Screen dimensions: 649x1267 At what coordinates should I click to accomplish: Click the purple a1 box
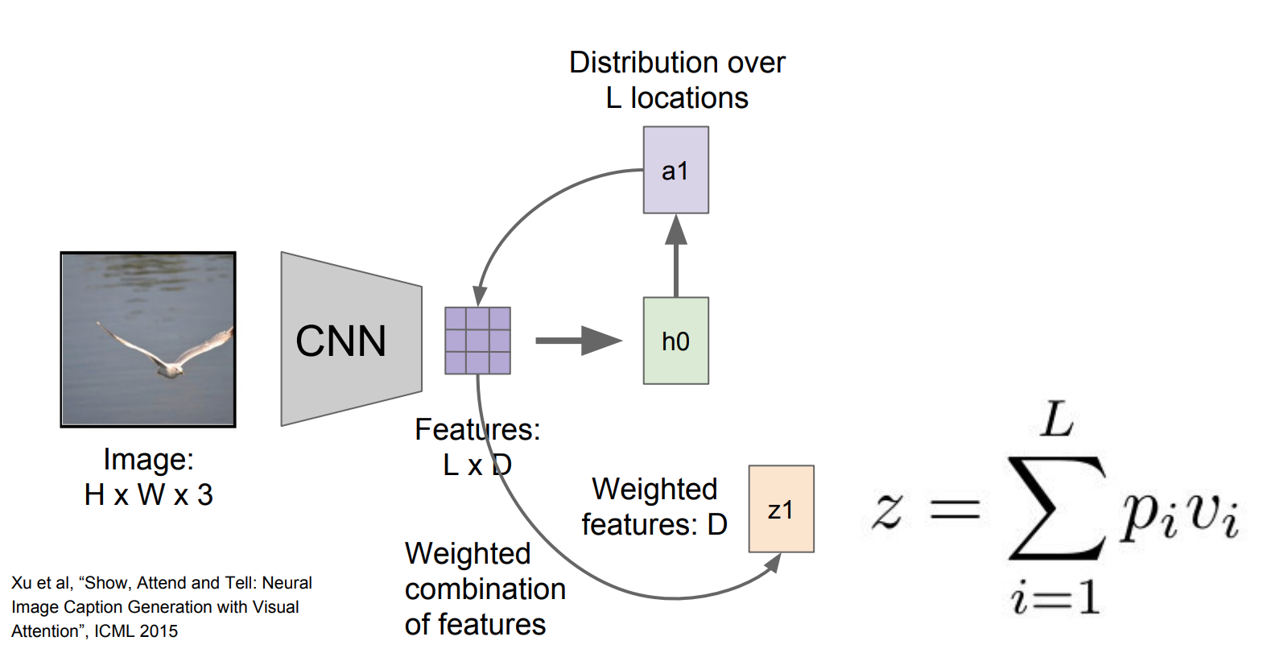click(x=675, y=170)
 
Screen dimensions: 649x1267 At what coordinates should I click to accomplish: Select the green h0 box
click(x=675, y=341)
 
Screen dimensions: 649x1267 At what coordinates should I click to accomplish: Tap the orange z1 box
click(x=781, y=509)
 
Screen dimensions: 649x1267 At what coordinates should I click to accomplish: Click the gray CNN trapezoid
click(x=351, y=339)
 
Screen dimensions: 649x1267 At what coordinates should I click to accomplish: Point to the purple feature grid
click(x=477, y=341)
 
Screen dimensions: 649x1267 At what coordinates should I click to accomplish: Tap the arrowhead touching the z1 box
click(x=773, y=562)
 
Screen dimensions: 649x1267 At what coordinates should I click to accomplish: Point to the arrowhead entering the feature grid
click(x=480, y=296)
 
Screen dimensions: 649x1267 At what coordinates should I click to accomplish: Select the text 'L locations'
click(x=677, y=98)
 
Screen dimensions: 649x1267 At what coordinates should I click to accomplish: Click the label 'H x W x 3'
click(x=148, y=494)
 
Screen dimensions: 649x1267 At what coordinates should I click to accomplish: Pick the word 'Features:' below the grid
click(x=477, y=430)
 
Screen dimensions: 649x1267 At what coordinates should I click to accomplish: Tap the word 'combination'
click(x=485, y=589)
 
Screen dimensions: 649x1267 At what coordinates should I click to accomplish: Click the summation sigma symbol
click(x=1055, y=508)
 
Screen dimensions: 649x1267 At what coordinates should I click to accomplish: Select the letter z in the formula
click(x=887, y=511)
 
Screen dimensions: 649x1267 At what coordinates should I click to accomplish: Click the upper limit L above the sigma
click(x=1057, y=420)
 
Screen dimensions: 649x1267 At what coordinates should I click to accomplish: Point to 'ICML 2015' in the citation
click(x=136, y=631)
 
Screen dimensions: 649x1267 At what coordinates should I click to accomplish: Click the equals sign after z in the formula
click(x=955, y=509)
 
